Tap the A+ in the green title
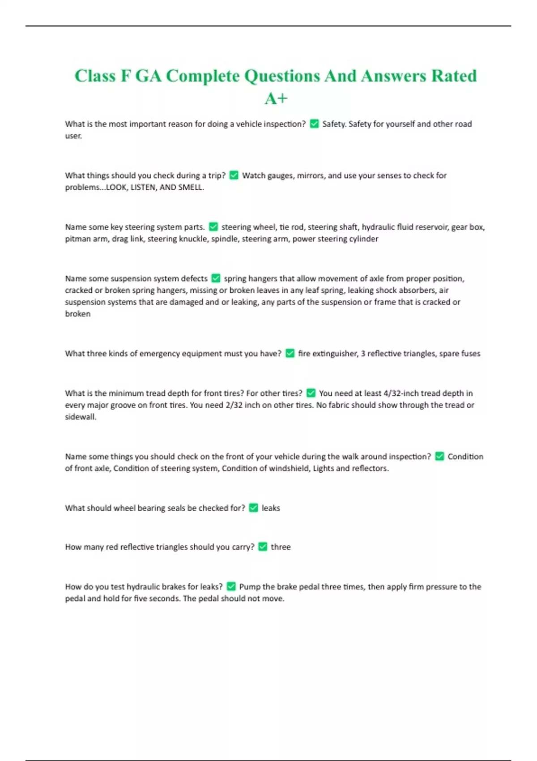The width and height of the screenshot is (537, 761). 276,98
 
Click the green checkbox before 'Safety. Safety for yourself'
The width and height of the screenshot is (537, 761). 314,124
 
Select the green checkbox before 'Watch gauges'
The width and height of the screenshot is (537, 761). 234,175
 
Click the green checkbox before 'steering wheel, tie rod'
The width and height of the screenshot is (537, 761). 213,227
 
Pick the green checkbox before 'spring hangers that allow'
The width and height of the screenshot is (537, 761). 216,278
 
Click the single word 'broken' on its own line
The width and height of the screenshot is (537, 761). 78,314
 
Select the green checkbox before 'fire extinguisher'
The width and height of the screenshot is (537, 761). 290,353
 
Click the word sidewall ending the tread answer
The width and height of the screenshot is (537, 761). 80,417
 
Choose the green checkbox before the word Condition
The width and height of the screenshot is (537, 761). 439,456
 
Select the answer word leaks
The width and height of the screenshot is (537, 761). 271,508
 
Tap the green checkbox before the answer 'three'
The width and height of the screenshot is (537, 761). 263,547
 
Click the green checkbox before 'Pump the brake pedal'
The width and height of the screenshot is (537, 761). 231,586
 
